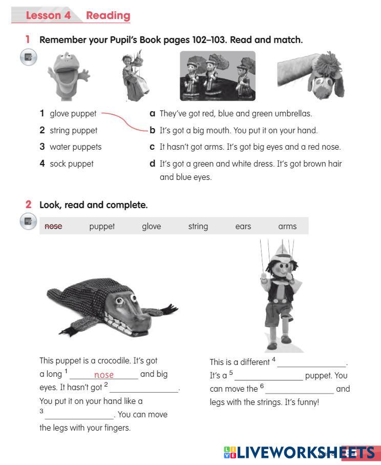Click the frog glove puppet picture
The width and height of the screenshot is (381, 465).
[x=68, y=76]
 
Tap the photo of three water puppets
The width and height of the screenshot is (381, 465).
[x=218, y=76]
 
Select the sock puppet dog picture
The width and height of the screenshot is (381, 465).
[x=311, y=75]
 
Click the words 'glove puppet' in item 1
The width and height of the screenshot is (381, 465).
[x=73, y=114]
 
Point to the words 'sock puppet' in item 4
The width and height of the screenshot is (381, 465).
[x=71, y=164]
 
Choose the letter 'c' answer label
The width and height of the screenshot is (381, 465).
[x=152, y=147]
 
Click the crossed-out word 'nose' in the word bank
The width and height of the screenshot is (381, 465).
[x=53, y=226]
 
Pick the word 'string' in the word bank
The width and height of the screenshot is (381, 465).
[x=198, y=226]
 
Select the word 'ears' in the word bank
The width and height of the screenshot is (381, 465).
[x=243, y=226]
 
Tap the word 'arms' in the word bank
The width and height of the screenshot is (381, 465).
[x=287, y=226]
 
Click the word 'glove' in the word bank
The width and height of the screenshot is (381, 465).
[x=152, y=226]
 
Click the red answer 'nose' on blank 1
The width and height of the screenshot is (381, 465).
[x=103, y=375]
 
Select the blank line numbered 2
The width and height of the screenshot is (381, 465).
[x=144, y=392]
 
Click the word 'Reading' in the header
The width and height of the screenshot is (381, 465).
[x=108, y=15]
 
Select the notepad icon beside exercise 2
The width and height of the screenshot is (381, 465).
[x=28, y=221]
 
